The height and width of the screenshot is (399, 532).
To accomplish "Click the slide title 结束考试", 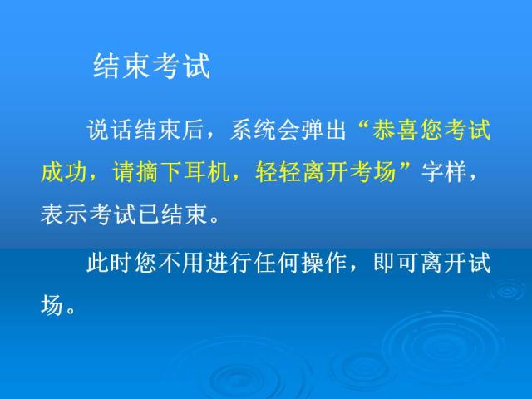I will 150,67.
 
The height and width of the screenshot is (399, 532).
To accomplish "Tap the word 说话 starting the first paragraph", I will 110,131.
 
